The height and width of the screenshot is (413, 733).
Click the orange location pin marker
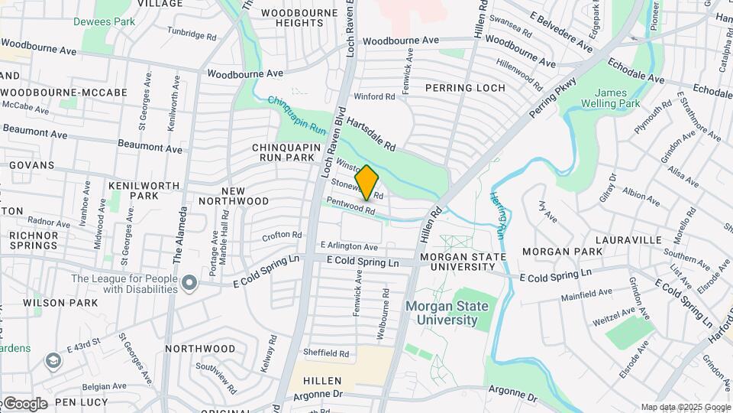(367, 182)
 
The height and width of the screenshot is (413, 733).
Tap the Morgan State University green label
(441, 313)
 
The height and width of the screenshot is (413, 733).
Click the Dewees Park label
(104, 21)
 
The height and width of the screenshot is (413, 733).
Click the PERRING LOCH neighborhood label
(465, 88)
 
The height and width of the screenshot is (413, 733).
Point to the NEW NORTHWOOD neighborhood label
(234, 195)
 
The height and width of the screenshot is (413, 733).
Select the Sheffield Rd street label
(325, 353)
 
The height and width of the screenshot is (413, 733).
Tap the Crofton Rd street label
(283, 236)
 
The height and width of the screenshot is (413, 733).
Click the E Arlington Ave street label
(349, 247)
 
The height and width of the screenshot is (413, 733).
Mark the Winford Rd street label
(374, 97)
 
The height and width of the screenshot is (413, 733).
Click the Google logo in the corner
(24, 403)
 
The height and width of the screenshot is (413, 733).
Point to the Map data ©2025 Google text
(684, 407)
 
